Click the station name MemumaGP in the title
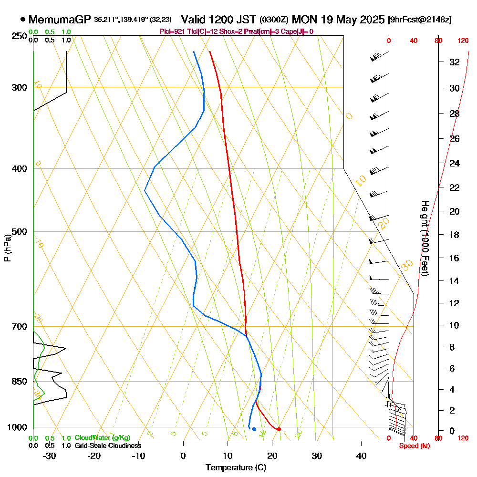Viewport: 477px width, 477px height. [60, 20]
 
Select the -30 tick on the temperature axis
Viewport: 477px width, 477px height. [50, 456]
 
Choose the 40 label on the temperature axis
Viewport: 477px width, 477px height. [362, 456]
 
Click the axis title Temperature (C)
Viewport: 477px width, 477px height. [236, 467]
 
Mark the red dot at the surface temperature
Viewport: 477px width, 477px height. [279, 429]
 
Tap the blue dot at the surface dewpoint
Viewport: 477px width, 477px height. [254, 429]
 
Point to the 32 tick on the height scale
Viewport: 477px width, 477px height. [455, 62]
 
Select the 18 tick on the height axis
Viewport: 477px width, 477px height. [455, 235]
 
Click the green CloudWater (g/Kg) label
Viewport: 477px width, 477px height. [102, 437]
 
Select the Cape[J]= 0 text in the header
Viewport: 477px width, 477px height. [297, 31]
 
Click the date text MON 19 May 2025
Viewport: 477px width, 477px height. [338, 20]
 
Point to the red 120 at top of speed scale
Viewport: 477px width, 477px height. [463, 41]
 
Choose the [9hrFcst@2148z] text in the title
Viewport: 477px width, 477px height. [420, 20]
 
